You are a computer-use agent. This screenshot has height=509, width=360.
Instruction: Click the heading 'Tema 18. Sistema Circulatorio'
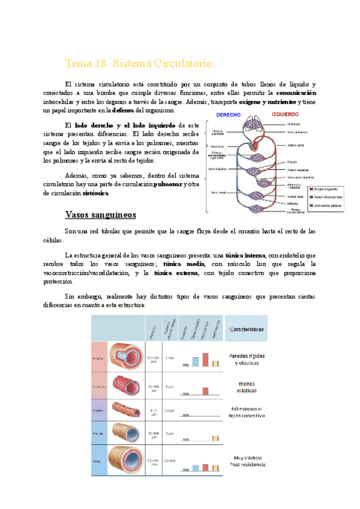click(x=138, y=64)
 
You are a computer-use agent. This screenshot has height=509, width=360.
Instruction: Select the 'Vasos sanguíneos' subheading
click(x=100, y=214)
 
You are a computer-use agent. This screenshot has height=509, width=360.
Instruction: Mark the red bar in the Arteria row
click(x=205, y=359)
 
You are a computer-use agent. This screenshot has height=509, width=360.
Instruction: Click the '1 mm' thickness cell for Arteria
click(x=169, y=358)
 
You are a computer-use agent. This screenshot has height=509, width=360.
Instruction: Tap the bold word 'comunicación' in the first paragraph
click(x=297, y=93)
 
